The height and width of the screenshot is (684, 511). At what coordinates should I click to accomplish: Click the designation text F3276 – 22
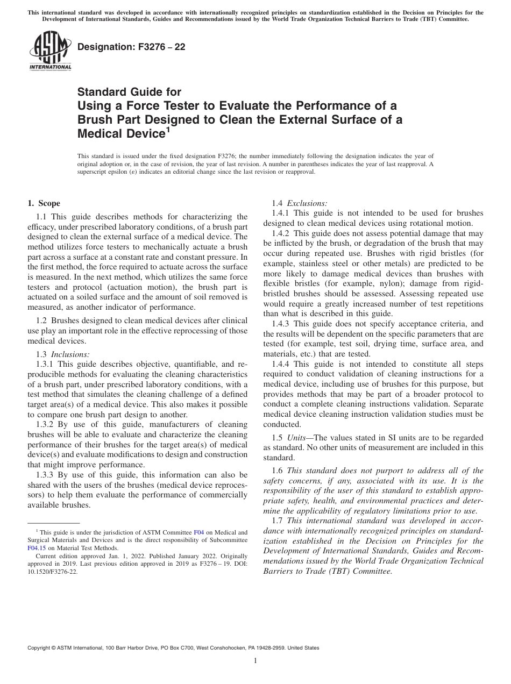pos(131,47)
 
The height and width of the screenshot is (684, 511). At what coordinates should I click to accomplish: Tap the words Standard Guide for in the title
pos(129,92)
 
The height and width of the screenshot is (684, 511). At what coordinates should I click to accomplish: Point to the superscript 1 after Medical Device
pos(168,129)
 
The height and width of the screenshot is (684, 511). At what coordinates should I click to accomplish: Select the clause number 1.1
pos(42,217)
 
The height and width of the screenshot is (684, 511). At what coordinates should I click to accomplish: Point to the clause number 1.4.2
pos(281,233)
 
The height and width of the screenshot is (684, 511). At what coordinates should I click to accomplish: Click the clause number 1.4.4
pos(281,364)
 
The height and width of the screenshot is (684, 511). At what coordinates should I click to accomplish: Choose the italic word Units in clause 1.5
pos(296,438)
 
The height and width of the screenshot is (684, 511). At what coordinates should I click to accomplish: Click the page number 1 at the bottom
pos(256,661)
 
